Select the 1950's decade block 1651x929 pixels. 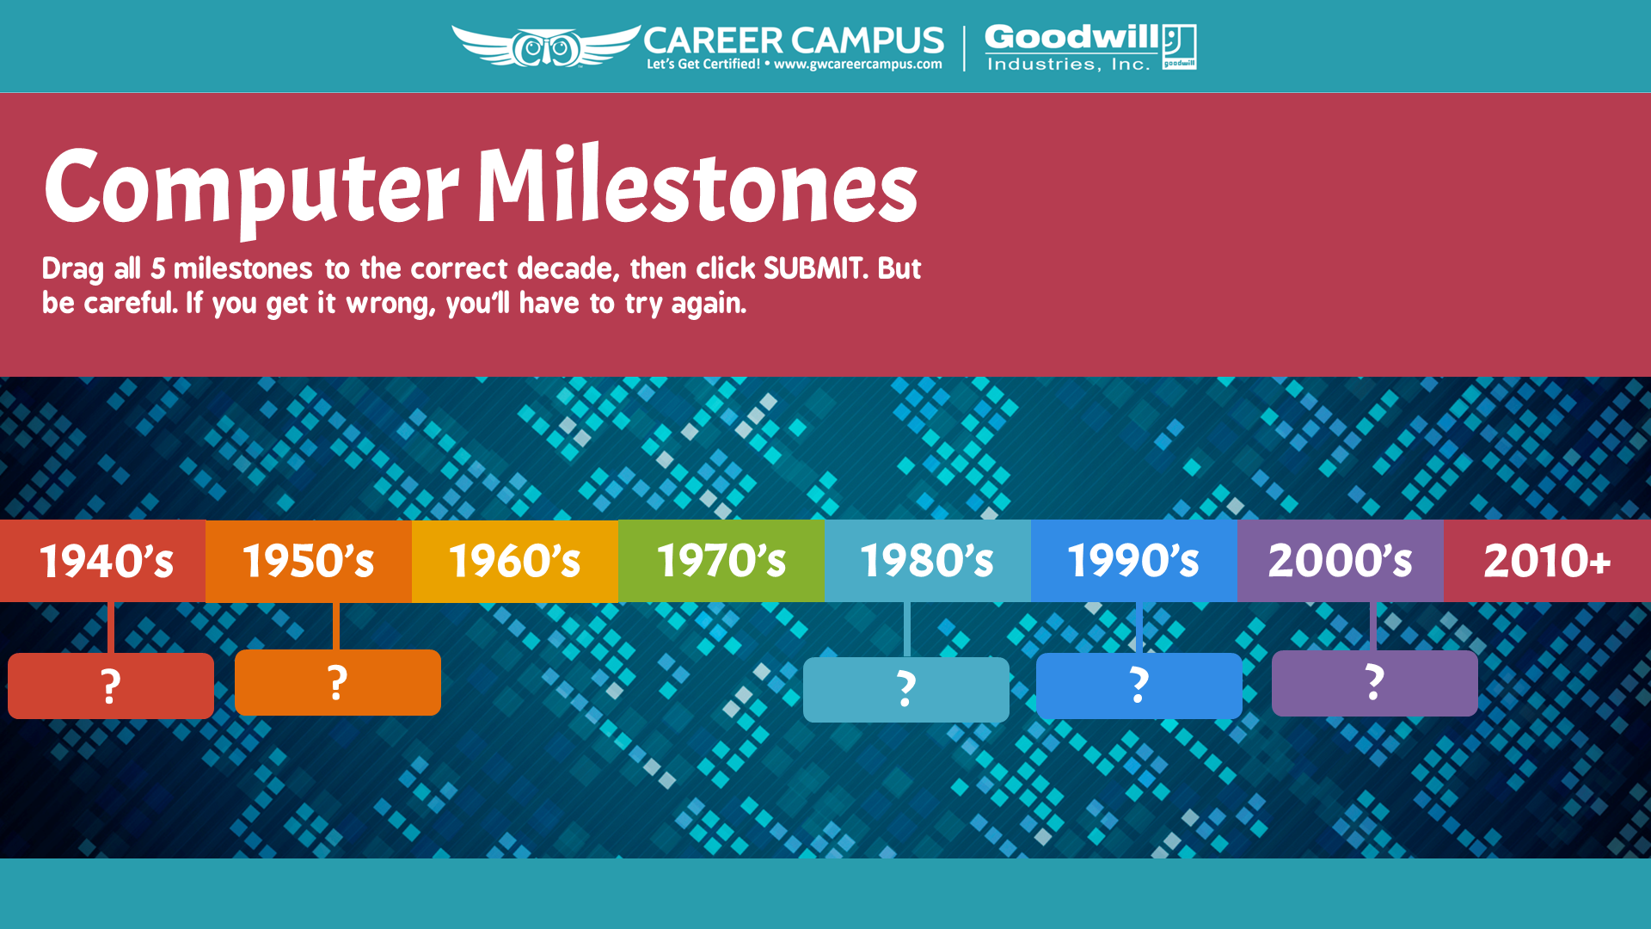point(309,561)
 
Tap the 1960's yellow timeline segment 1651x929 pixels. point(515,561)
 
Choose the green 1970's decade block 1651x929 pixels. point(721,561)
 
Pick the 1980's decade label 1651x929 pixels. point(928,561)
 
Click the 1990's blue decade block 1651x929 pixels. point(1134,561)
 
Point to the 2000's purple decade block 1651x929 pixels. point(1341,561)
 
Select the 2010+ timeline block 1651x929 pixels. point(1548,561)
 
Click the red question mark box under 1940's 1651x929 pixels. point(111,686)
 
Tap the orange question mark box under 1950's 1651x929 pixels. point(338,682)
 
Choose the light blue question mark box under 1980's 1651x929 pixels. point(906,690)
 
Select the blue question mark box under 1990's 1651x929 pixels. point(1139,686)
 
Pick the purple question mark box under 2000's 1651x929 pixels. point(1375,683)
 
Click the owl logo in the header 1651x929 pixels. point(546,46)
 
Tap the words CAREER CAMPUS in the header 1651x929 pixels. point(794,40)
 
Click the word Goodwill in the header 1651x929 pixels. point(1072,37)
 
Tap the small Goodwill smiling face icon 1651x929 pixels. point(1179,46)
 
